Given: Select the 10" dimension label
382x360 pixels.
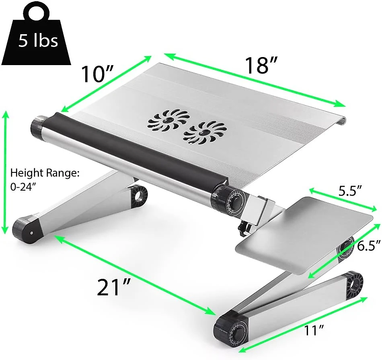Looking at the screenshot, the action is [97, 74].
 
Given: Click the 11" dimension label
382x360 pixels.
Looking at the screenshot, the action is [314, 330].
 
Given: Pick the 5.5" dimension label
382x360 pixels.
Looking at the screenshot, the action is [350, 191].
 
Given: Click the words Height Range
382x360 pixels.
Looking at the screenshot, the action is [45, 173].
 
